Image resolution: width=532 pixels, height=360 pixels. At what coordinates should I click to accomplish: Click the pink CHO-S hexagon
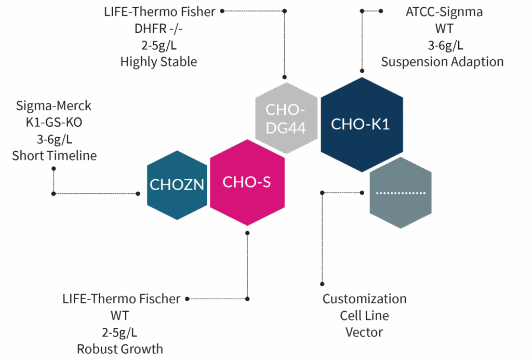pos(247,182)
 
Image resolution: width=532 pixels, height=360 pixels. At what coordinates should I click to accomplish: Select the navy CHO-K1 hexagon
pos(361,125)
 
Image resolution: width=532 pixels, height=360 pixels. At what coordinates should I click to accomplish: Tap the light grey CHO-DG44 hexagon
pos(286,118)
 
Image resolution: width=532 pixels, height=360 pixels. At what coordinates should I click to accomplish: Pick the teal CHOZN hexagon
pos(177,184)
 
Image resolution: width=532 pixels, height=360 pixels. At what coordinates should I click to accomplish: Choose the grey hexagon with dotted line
pos(401,193)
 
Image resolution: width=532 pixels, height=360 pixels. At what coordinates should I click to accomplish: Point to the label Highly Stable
pos(158,62)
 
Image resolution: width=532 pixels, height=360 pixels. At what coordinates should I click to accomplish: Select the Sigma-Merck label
pos(54,106)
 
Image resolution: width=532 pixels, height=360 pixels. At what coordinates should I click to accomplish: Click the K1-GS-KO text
pos(54,123)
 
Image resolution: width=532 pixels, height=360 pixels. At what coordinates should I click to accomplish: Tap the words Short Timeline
pos(54,156)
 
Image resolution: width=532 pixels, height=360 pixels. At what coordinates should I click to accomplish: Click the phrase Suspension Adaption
pos(443,62)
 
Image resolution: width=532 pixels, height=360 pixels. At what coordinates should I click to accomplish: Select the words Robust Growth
pos(120,349)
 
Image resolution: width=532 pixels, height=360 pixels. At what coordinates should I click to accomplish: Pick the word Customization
pos(364,299)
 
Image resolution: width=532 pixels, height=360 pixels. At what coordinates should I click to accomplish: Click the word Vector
pos(364,332)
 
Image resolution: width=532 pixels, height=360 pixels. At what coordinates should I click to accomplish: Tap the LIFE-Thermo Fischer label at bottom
pos(121,299)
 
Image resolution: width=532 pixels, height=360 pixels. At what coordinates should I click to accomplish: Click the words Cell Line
pos(364,316)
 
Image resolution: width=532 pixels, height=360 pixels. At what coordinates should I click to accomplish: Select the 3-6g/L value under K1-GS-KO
pos(54,139)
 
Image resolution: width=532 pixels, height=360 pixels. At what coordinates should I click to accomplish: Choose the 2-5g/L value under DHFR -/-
pos(158,45)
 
